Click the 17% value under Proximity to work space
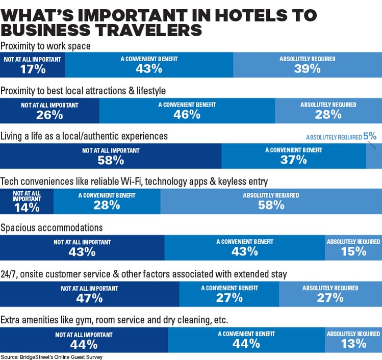click(x=33, y=69)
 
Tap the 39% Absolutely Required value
click(x=307, y=69)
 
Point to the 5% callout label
click(x=370, y=136)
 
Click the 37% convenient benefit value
click(x=293, y=160)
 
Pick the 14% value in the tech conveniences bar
click(x=27, y=207)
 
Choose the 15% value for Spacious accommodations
click(x=353, y=251)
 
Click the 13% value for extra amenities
click(x=353, y=344)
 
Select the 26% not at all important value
click(x=49, y=115)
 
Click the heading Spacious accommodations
click(x=52, y=227)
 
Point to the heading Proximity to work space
click(x=46, y=46)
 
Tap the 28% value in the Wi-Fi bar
click(x=107, y=205)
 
